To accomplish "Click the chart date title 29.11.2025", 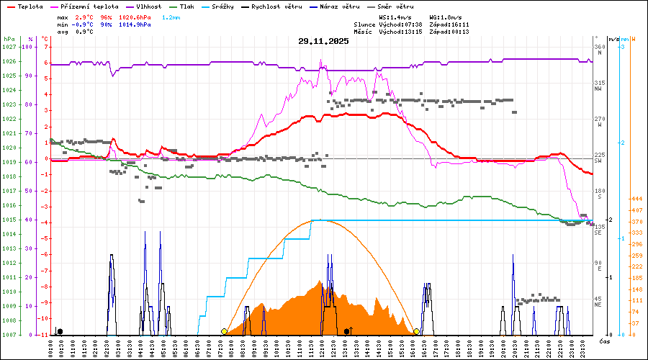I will [x=323, y=41].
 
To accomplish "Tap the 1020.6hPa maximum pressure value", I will [x=134, y=17].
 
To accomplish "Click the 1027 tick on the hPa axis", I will [x=9, y=47].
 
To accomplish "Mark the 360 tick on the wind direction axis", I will [x=598, y=47].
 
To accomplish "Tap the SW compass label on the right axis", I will [x=598, y=161].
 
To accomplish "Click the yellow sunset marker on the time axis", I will [x=416, y=331].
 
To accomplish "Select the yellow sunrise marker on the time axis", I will [x=224, y=331].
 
